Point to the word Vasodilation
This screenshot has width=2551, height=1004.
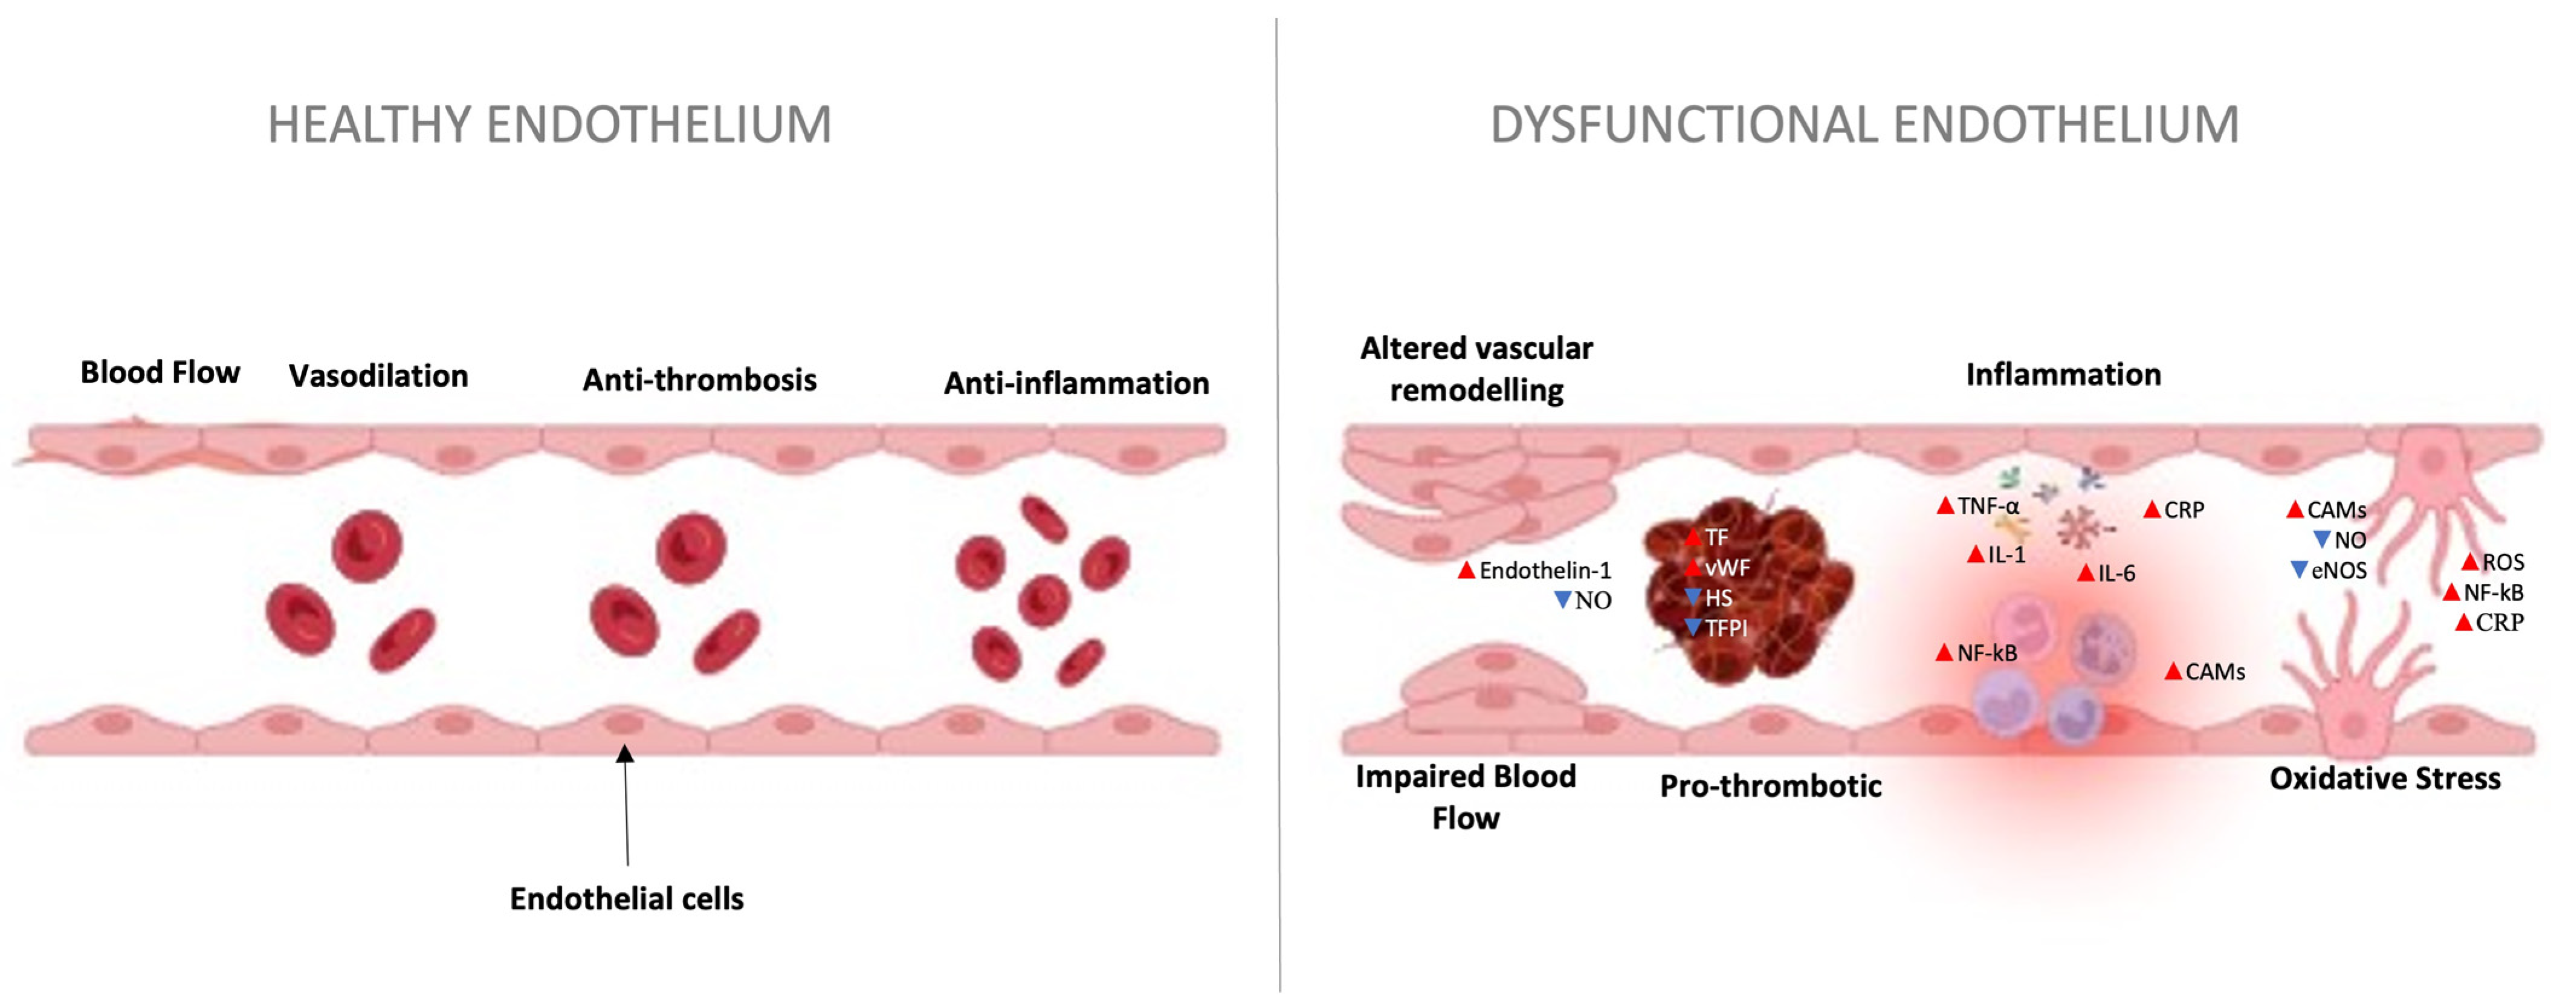[x=378, y=376]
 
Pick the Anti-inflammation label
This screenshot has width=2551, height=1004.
[x=1076, y=383]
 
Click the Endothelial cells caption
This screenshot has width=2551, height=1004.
[x=627, y=898]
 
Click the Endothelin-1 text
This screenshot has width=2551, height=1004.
[x=1545, y=571]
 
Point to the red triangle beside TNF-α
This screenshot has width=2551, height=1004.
[x=1946, y=506]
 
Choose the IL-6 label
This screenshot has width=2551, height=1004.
[x=2116, y=573]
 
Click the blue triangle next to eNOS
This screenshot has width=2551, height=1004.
[x=2300, y=569]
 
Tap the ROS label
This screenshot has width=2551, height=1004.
[x=2503, y=562]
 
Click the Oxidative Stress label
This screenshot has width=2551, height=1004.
[x=2385, y=779]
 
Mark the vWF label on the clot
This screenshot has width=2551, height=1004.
[x=1727, y=568]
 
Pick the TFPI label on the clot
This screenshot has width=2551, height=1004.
[x=1726, y=628]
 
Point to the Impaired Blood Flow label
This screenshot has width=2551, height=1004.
[x=1466, y=797]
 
